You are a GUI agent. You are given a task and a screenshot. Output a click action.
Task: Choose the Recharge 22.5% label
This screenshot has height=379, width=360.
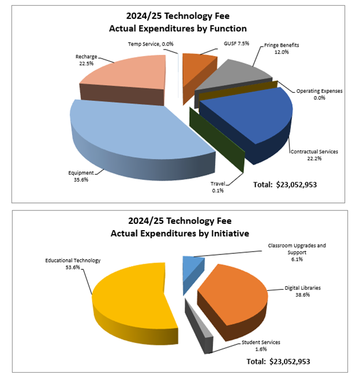(85, 61)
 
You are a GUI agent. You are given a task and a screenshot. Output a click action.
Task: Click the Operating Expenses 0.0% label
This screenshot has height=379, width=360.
(320, 94)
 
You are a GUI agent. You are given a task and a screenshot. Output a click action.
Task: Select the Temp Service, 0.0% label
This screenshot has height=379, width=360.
(151, 44)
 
